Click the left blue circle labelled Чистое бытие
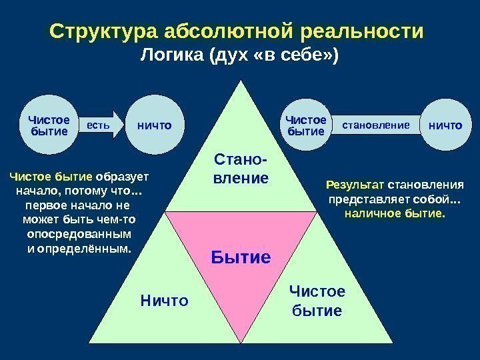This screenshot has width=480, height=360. (49, 125)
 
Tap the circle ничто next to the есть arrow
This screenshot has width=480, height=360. (153, 125)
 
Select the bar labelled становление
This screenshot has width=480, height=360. (375, 125)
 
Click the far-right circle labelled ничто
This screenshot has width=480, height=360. (445, 125)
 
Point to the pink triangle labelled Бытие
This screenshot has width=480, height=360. (241, 247)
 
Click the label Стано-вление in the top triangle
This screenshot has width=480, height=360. (241, 169)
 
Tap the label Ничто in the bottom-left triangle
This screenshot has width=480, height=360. (165, 301)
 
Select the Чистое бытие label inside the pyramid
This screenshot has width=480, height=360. (317, 301)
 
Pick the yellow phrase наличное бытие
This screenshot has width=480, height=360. (395, 214)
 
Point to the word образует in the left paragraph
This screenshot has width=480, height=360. (122, 178)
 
